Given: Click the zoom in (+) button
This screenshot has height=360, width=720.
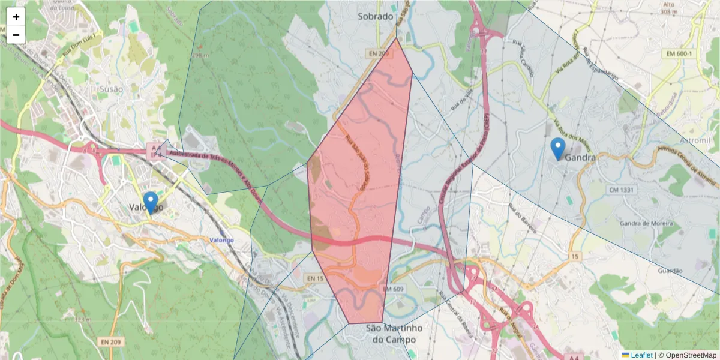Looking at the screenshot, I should pyautogui.click(x=16, y=17).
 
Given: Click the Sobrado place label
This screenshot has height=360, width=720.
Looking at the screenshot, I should pyautogui.click(x=376, y=17).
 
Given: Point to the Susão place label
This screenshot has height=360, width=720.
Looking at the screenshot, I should pyautogui.click(x=111, y=89).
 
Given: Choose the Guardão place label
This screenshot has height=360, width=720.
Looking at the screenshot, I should pyautogui.click(x=670, y=271).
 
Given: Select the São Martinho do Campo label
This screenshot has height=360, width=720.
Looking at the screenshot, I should pyautogui.click(x=394, y=334).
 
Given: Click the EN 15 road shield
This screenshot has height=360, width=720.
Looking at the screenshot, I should pyautogui.click(x=314, y=278).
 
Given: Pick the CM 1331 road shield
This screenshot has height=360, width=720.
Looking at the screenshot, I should pyautogui.click(x=621, y=190).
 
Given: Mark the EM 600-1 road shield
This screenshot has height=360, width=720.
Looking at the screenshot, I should pyautogui.click(x=678, y=54).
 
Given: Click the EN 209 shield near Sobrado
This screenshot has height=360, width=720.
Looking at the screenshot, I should pyautogui.click(x=379, y=54).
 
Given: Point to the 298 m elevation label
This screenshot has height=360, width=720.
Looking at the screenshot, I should pyautogui.click(x=200, y=55).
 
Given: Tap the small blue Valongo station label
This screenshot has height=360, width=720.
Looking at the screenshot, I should pyautogui.click(x=221, y=240).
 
